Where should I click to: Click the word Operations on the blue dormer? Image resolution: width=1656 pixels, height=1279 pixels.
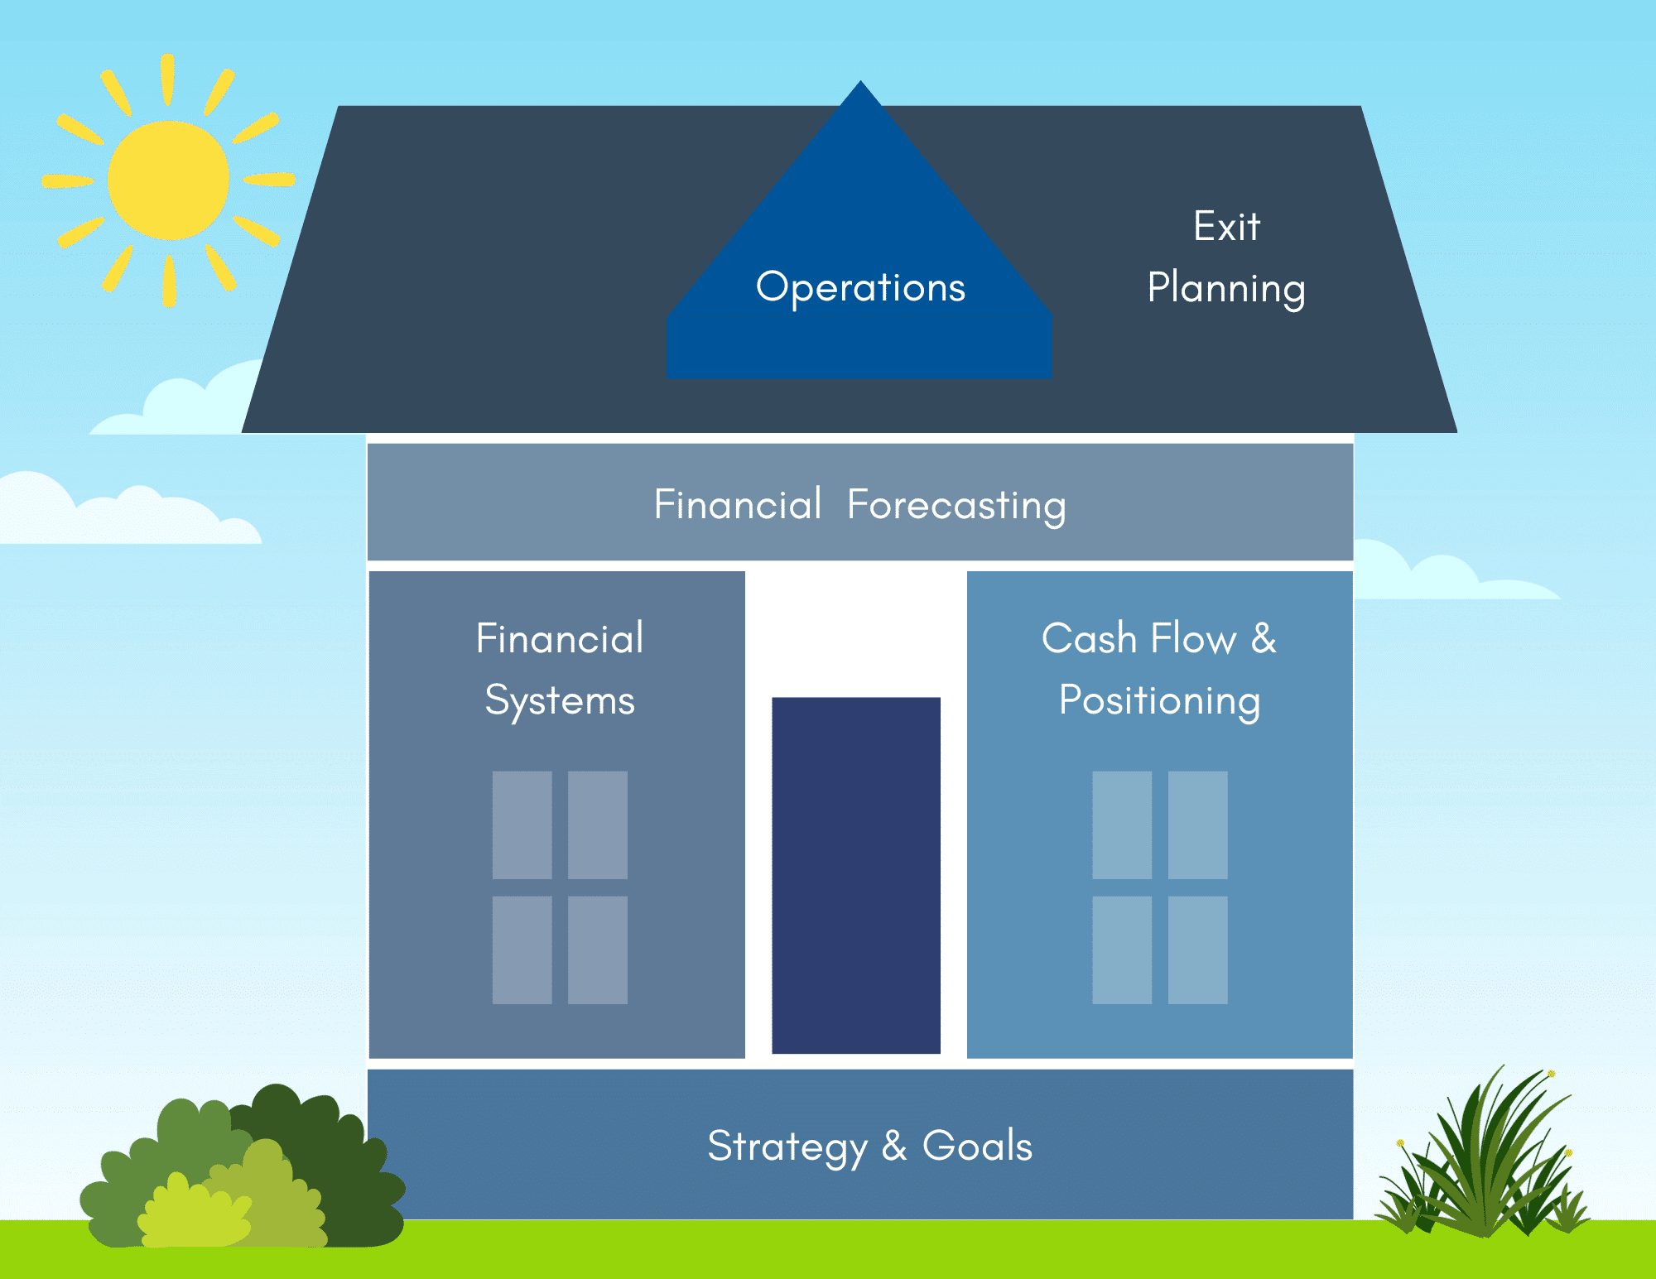tap(860, 288)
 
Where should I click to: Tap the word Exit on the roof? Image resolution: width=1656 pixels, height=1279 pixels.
tap(1226, 226)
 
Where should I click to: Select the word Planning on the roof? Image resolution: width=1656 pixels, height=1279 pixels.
tap(1226, 289)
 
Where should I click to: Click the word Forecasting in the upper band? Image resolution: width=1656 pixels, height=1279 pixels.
tap(956, 505)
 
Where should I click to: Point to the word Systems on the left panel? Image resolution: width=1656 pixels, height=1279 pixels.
tap(560, 701)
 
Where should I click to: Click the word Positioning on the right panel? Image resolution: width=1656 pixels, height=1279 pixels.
tap(1159, 701)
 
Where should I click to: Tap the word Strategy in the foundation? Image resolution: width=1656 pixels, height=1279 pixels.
tap(787, 1147)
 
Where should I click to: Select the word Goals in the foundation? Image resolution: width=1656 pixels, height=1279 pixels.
tap(977, 1147)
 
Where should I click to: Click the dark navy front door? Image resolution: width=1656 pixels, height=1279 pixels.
tap(856, 875)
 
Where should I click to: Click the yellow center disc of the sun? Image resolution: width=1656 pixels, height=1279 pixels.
tap(168, 180)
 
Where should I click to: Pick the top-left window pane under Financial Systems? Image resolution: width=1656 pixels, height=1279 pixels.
tap(522, 825)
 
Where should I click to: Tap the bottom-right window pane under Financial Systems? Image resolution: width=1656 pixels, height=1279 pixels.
tap(598, 950)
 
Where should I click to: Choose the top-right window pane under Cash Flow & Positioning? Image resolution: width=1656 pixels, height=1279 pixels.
tap(1197, 825)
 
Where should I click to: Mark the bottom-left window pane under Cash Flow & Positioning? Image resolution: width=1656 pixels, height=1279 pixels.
tap(1122, 950)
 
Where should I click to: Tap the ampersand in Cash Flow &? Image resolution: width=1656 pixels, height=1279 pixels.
tap(1264, 638)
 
